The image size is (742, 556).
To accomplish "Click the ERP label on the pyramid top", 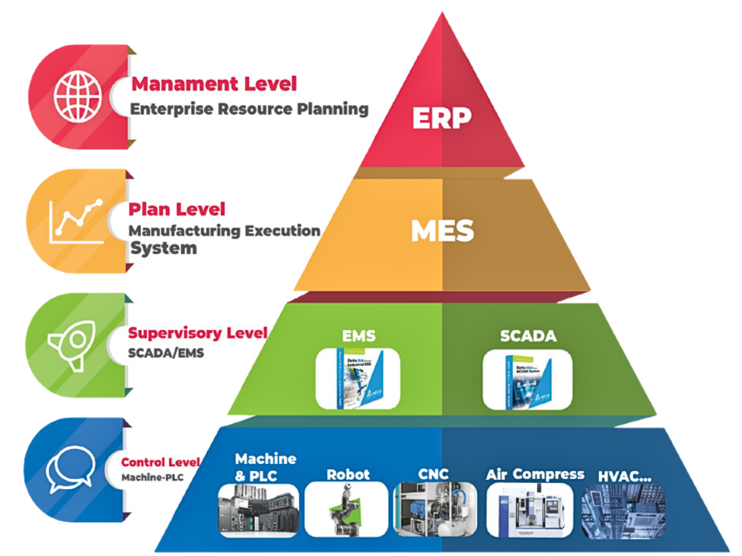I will tap(441, 118).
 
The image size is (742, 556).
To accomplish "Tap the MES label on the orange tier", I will tap(442, 230).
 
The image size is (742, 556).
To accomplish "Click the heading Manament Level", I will tap(214, 84).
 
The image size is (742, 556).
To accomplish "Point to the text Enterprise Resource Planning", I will tap(249, 109).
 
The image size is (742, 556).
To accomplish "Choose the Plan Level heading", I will tap(177, 208).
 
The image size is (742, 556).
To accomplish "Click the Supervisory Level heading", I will tap(198, 332).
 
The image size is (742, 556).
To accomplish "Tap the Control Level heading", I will tap(161, 462).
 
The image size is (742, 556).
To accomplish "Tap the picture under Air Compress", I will tap(527, 510).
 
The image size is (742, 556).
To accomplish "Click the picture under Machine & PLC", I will tap(259, 510).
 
